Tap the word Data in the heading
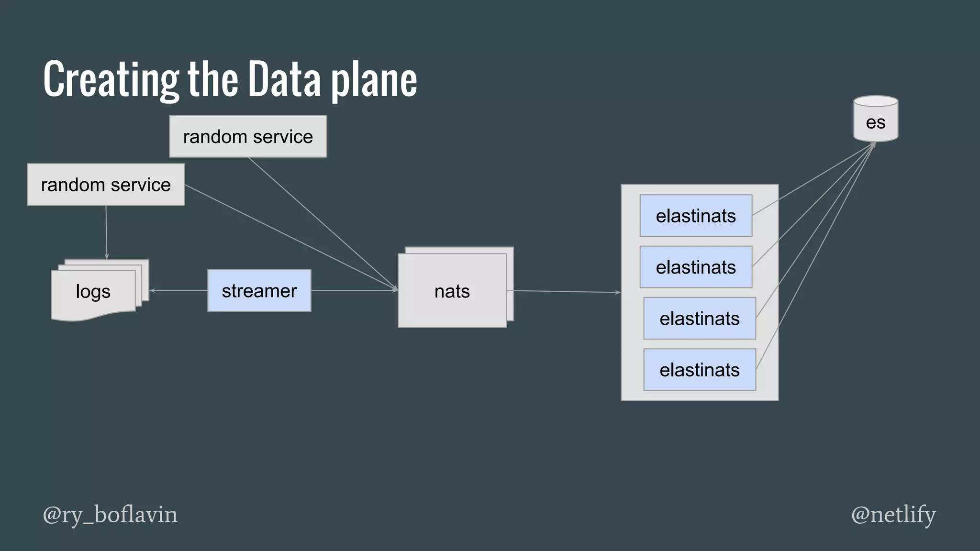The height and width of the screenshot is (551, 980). click(x=284, y=79)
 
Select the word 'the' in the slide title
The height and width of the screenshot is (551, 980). click(x=212, y=79)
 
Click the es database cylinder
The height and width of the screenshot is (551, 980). click(x=876, y=120)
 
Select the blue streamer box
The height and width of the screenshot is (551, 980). click(x=259, y=291)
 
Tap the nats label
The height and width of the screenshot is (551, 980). click(x=452, y=291)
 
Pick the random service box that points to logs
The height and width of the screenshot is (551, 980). click(x=106, y=185)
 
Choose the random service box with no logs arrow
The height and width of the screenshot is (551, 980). click(x=248, y=136)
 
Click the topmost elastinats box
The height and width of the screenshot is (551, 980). click(x=696, y=216)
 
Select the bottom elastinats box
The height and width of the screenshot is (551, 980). click(x=700, y=370)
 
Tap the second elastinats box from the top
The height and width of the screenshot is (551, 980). click(x=696, y=267)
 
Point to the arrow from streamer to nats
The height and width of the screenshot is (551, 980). click(x=354, y=290)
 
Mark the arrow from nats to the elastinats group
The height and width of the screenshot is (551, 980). click(x=565, y=291)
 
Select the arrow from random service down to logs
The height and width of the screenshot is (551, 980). click(x=106, y=232)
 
